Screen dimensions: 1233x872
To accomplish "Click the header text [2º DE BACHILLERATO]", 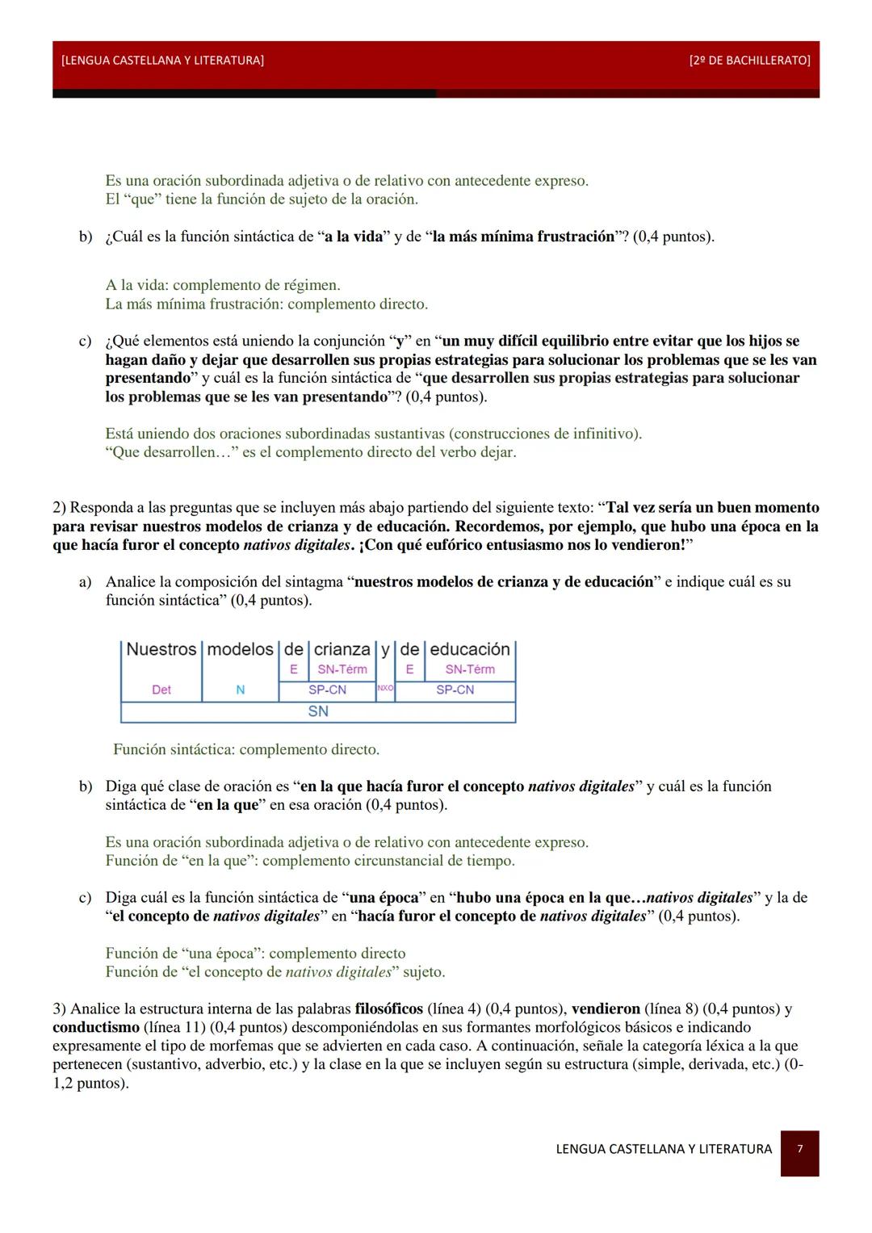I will [750, 61].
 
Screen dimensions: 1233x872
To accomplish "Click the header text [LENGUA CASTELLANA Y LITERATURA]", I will [161, 61].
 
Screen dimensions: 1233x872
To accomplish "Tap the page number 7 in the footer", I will [799, 1148].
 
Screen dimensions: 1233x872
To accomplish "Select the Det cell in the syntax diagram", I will [161, 690].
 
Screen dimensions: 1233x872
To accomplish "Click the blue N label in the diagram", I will [240, 690].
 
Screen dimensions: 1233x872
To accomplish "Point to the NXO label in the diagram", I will [384, 689].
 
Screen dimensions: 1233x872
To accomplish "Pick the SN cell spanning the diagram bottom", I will [317, 711].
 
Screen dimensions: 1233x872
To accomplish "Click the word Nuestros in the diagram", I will [161, 649].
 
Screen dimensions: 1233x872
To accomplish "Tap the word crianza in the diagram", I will [342, 649].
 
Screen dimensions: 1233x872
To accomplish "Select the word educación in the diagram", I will [470, 649].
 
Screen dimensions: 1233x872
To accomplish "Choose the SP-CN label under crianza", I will [327, 690].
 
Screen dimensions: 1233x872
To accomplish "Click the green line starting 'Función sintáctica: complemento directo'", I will [246, 749].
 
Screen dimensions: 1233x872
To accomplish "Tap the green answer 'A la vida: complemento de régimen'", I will [223, 285].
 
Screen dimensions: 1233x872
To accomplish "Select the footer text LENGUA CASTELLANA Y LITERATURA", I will [664, 1148].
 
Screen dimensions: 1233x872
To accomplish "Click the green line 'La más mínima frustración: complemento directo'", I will [266, 304].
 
